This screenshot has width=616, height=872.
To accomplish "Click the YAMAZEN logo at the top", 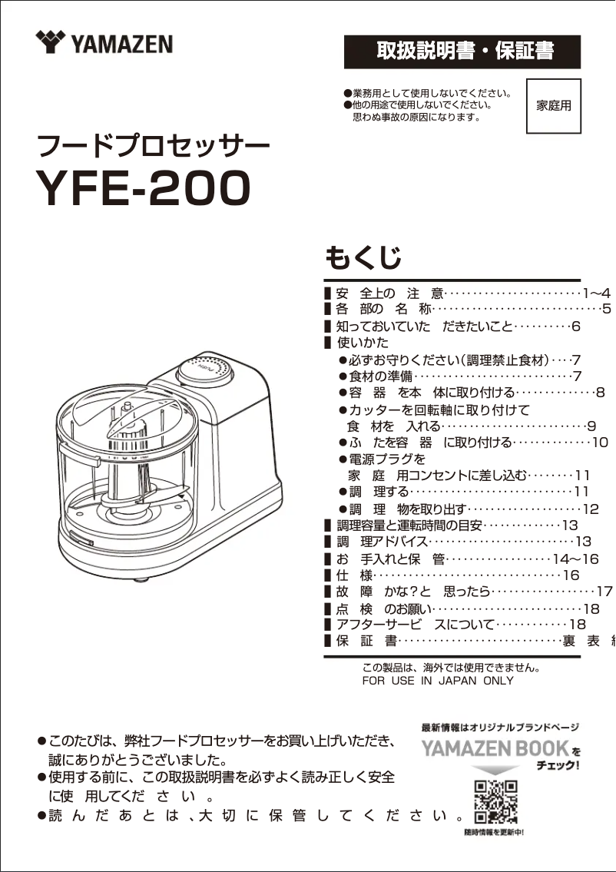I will tap(104, 43).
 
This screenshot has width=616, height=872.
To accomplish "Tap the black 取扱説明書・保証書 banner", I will tap(462, 51).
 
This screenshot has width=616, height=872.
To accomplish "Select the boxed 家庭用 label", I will tap(553, 106).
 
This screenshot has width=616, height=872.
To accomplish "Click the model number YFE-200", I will tap(144, 187).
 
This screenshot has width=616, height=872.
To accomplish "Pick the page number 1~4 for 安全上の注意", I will tap(596, 293).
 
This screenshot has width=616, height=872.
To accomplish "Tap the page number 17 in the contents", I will tap(604, 592).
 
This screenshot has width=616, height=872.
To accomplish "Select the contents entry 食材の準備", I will tap(381, 376).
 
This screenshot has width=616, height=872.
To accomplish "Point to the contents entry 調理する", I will tap(378, 492).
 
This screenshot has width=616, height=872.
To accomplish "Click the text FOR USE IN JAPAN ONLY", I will tap(438, 681).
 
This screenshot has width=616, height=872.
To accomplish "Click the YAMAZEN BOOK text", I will tap(495, 748).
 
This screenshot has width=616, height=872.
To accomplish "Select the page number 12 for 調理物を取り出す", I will tap(591, 509).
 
